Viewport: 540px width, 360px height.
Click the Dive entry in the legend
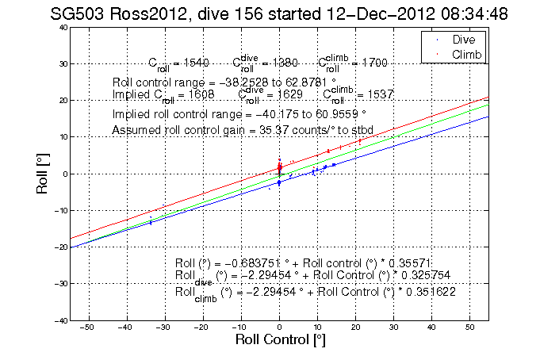pyautogui.click(x=464, y=40)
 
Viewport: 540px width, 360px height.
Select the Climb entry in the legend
pyautogui.click(x=467, y=53)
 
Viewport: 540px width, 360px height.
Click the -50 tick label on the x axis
pyautogui.click(x=87, y=327)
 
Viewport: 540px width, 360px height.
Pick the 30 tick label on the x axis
pyautogui.click(x=393, y=327)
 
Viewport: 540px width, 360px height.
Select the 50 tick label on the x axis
pyautogui.click(x=469, y=327)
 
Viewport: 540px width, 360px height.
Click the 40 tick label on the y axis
pyautogui.click(x=62, y=27)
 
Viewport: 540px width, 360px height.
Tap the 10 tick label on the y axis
pyautogui.click(x=62, y=137)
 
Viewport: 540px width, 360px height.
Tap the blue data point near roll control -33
pyautogui.click(x=151, y=222)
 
